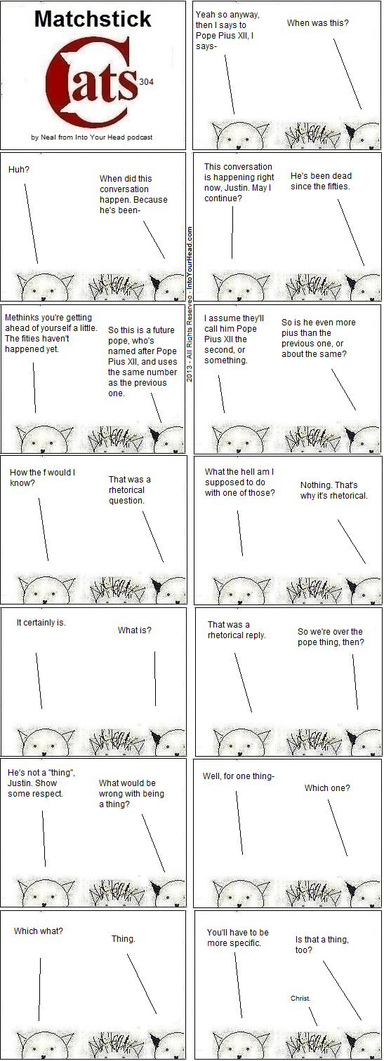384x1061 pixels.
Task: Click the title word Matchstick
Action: (93, 20)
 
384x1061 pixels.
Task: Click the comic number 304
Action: (147, 82)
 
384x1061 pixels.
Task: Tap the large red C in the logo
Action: (71, 81)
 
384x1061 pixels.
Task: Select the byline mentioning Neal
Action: (92, 137)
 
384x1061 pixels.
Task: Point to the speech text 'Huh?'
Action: (19, 170)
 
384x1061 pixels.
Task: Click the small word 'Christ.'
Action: (300, 998)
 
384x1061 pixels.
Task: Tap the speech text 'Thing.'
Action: (124, 938)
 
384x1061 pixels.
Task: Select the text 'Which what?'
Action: (39, 931)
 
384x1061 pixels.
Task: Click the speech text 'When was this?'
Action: (317, 22)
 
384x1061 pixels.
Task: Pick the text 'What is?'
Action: (135, 630)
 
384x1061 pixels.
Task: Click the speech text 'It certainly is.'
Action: (41, 623)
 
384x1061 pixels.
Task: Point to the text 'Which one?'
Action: (327, 788)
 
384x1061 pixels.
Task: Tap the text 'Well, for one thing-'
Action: (239, 776)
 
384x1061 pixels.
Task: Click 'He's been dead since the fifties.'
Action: (321, 181)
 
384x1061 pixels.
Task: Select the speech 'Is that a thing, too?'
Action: (322, 945)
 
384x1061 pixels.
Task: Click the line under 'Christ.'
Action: (313, 1015)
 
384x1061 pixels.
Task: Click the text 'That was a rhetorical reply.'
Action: (237, 630)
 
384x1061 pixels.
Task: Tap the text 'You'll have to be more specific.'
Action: (237, 938)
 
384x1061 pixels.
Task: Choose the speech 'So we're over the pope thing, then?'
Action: (331, 637)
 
